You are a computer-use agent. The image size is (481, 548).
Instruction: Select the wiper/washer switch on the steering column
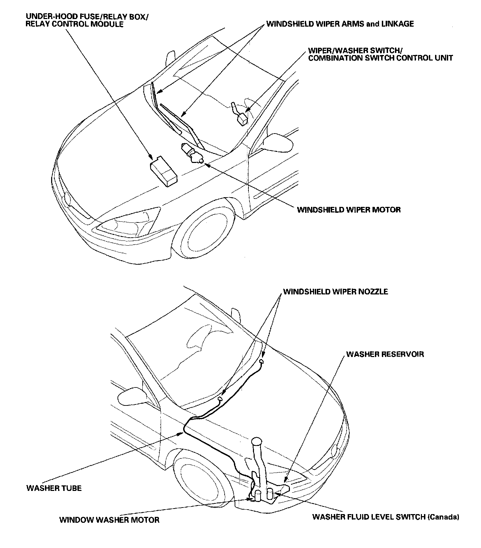coord(241,115)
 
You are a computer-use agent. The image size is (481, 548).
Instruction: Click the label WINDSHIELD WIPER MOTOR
coord(349,210)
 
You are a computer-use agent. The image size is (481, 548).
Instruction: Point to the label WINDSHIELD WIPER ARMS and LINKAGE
coord(340,24)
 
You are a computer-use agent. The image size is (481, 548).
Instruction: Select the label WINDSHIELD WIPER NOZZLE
coord(336,292)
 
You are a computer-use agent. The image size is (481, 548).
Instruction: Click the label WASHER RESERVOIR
coord(385,354)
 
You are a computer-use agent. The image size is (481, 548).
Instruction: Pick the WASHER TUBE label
coord(54,488)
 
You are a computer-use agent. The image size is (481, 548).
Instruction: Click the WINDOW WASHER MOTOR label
coord(109,520)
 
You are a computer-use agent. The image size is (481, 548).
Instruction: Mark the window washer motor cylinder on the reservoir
coord(258,495)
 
